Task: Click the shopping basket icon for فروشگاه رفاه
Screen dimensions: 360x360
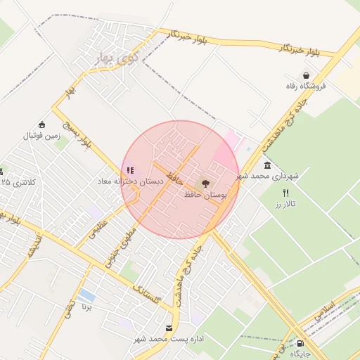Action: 306,75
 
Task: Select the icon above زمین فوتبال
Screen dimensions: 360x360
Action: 41,124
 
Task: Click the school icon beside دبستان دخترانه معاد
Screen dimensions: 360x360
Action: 129,169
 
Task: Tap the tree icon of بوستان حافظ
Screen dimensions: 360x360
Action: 205,183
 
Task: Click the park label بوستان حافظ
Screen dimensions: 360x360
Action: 205,193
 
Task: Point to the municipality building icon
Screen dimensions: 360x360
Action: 267,165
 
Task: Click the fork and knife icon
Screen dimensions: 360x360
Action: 285,193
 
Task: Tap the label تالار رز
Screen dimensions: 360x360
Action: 286,204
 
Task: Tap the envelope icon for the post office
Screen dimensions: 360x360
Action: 169,328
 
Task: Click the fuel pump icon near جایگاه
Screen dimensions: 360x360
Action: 301,343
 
